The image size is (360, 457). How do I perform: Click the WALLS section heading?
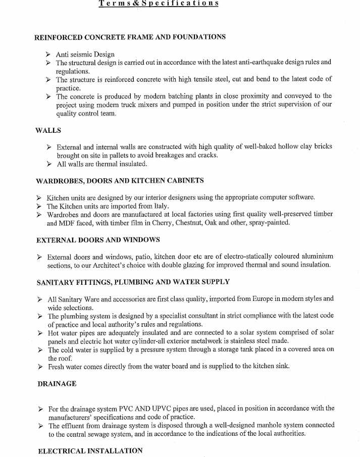[48, 130]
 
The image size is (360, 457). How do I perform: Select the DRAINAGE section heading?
[57, 384]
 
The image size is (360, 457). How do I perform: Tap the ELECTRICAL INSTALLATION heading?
[90, 450]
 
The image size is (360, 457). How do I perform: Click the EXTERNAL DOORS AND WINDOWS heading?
[98, 239]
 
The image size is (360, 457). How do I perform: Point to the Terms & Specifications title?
[159, 3]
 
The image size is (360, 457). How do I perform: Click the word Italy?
[159, 206]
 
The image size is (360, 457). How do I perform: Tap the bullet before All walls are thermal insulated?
[48, 164]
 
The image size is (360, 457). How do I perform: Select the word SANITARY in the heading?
[55, 282]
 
